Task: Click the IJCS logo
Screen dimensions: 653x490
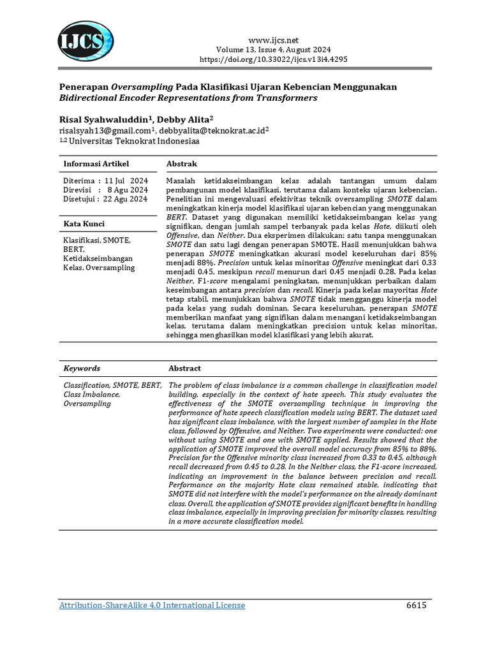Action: pyautogui.click(x=86, y=41)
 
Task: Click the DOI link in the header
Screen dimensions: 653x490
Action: pyautogui.click(x=274, y=59)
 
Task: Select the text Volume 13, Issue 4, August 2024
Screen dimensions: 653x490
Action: pyautogui.click(x=274, y=50)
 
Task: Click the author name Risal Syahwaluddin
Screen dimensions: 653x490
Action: pyautogui.click(x=107, y=119)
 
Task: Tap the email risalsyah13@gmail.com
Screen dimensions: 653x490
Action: pyautogui.click(x=108, y=131)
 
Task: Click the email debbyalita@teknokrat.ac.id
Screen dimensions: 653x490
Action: pyautogui.click(x=216, y=131)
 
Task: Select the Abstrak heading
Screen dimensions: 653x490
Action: pyautogui.click(x=181, y=165)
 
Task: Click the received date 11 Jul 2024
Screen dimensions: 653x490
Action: pyautogui.click(x=126, y=181)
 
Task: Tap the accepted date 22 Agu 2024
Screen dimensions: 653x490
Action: pyautogui.click(x=126, y=199)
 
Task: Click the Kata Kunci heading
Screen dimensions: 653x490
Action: pyautogui.click(x=84, y=224)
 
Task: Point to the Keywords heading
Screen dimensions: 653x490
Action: pyautogui.click(x=82, y=369)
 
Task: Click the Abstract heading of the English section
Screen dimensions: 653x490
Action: pyautogui.click(x=184, y=369)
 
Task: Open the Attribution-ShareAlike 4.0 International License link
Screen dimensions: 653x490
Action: pyautogui.click(x=152, y=605)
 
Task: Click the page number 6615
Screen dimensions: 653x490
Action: pyautogui.click(x=415, y=605)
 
